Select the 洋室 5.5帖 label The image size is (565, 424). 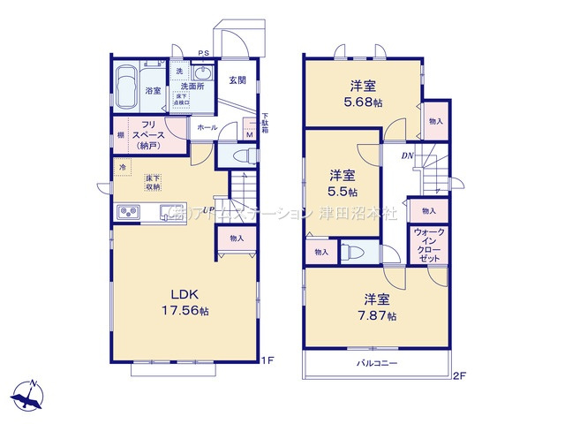click(344, 182)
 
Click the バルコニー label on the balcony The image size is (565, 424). click(377, 364)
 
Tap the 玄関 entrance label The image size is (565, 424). click(237, 80)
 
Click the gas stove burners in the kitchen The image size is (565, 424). click(127, 213)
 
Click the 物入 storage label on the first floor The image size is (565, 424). click(236, 238)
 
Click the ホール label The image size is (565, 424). click(207, 128)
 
